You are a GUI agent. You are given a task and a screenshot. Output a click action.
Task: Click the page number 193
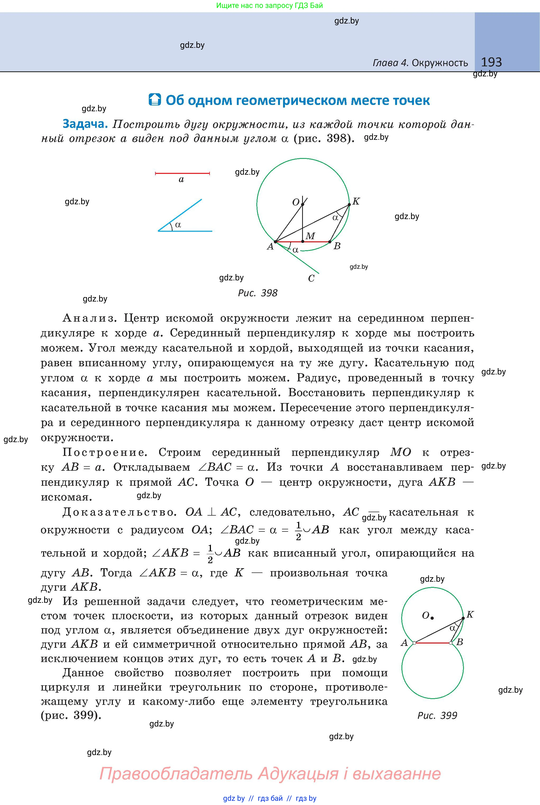[491, 62]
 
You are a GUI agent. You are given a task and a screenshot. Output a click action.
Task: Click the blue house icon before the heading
[155, 100]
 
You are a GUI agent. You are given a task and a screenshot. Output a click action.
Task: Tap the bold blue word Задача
[85, 124]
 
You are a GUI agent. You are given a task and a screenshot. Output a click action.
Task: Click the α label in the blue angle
[178, 225]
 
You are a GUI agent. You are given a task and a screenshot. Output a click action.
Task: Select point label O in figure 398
[296, 202]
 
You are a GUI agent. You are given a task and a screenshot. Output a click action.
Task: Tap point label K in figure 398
[356, 201]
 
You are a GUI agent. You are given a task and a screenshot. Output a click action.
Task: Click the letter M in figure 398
[310, 236]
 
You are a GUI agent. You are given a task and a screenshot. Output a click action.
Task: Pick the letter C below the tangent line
[311, 279]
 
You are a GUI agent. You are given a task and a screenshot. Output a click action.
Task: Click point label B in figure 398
[337, 246]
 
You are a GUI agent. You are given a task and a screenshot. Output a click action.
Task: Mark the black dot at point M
[303, 242]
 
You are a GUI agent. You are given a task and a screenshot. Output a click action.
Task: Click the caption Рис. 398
[258, 293]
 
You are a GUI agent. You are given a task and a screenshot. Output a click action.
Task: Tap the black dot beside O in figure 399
[432, 618]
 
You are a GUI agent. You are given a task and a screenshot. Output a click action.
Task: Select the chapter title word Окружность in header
[440, 63]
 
